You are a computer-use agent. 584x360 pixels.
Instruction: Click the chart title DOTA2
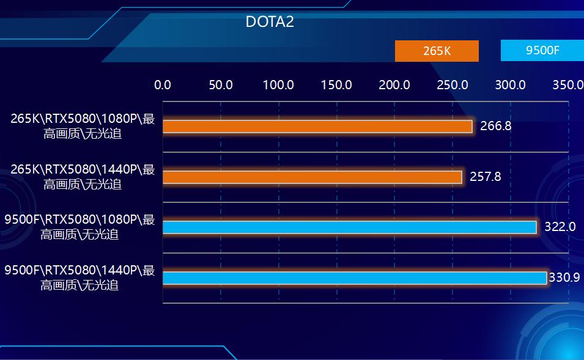(x=270, y=22)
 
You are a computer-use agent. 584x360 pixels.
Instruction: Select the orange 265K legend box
(x=437, y=51)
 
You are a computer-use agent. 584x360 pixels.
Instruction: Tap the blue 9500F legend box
(x=542, y=50)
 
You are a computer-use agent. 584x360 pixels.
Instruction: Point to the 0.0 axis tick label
(x=163, y=85)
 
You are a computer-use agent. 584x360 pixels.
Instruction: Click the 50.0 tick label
(x=221, y=85)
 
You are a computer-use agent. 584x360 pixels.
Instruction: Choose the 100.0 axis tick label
(x=278, y=85)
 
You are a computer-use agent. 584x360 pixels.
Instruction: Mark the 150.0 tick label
(x=336, y=85)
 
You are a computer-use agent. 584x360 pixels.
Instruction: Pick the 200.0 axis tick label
(x=394, y=85)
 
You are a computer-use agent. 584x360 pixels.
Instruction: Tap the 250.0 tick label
(x=453, y=85)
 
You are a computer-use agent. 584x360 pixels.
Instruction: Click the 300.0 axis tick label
(x=510, y=85)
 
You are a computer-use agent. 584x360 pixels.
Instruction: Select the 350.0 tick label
(x=567, y=85)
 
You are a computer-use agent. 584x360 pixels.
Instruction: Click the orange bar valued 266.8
(x=317, y=127)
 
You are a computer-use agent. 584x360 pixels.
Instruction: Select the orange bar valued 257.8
(x=312, y=177)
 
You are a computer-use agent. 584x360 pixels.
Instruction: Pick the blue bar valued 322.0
(x=349, y=227)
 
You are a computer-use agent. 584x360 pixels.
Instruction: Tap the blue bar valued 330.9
(x=354, y=278)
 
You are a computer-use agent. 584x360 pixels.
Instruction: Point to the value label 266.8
(x=495, y=127)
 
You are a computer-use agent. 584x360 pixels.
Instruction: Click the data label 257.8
(x=486, y=177)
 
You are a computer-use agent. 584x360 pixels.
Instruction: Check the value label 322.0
(x=560, y=227)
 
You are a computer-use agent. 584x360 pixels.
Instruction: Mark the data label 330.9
(x=564, y=277)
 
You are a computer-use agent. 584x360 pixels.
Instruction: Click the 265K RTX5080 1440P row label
(x=83, y=177)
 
